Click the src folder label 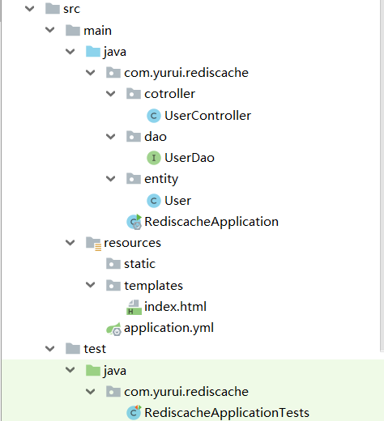[71, 11]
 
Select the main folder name [97, 32]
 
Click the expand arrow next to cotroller [110, 95]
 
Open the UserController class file [207, 116]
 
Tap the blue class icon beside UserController [152, 116]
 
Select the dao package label [156, 137]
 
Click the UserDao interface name [189, 158]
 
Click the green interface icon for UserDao [152, 158]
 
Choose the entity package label [161, 179]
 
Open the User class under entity [177, 200]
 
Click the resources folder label [132, 243]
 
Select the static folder [139, 264]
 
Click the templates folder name [153, 285]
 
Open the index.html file [176, 307]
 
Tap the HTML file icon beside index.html [133, 307]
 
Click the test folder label [95, 349]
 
